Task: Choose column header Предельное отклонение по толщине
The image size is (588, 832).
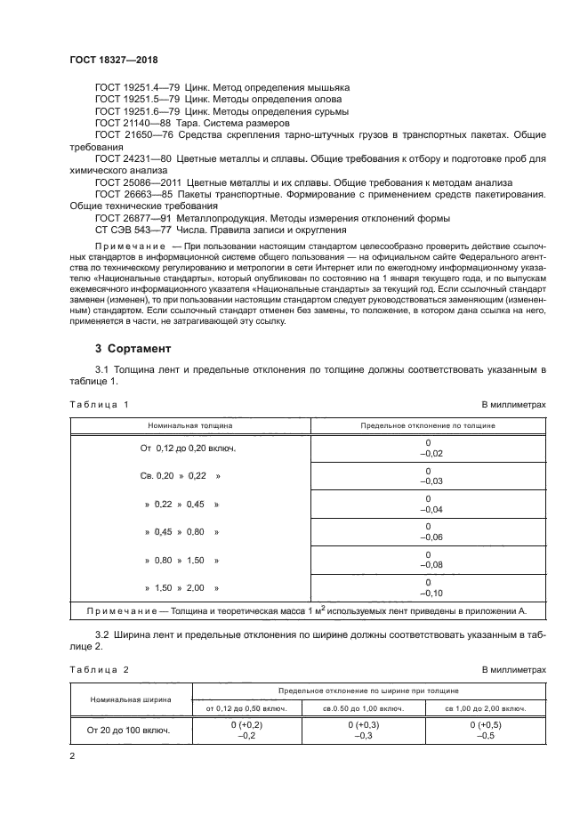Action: pyautogui.click(x=428, y=426)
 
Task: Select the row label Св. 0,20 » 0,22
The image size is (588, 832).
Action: pyautogui.click(x=180, y=476)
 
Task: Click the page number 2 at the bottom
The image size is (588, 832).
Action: pyautogui.click(x=73, y=756)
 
